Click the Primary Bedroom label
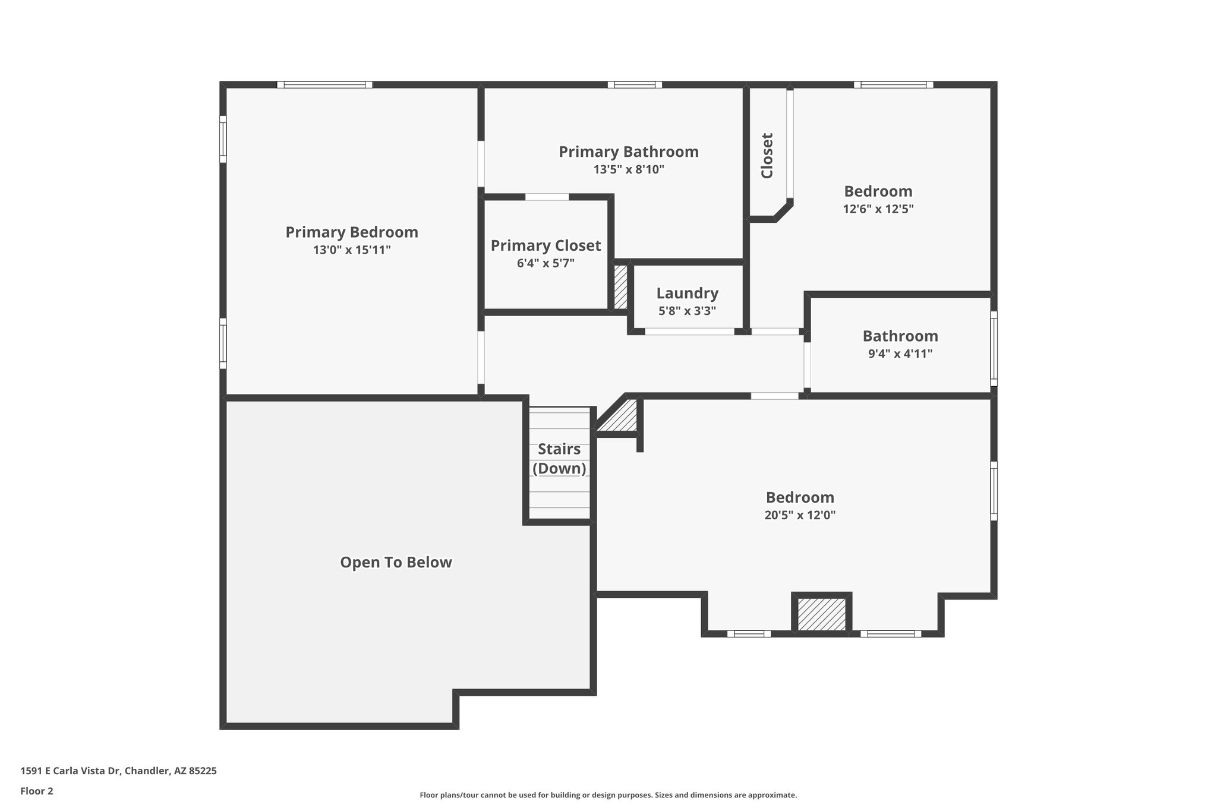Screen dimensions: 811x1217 [352, 232]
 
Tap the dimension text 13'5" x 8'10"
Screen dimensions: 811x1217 [628, 170]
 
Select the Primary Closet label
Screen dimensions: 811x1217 [546, 245]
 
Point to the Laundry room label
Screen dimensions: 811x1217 [687, 294]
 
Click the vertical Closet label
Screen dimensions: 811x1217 [767, 156]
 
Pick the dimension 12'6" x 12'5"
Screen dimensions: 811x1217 [878, 209]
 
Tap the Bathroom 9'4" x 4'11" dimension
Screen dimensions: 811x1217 [900, 354]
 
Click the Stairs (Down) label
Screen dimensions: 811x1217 [559, 459]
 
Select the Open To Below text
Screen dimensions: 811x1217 [396, 563]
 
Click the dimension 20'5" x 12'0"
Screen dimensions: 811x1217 [800, 515]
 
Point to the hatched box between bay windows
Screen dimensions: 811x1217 [821, 614]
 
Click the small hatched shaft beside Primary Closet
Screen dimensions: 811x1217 [620, 287]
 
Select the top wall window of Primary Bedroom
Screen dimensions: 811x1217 [324, 85]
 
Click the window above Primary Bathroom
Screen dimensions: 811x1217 [634, 85]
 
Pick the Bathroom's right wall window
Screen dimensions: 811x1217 [994, 349]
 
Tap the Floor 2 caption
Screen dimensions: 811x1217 [37, 791]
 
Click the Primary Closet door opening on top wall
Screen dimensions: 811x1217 [547, 197]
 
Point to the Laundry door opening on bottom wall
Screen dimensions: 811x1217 [689, 332]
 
